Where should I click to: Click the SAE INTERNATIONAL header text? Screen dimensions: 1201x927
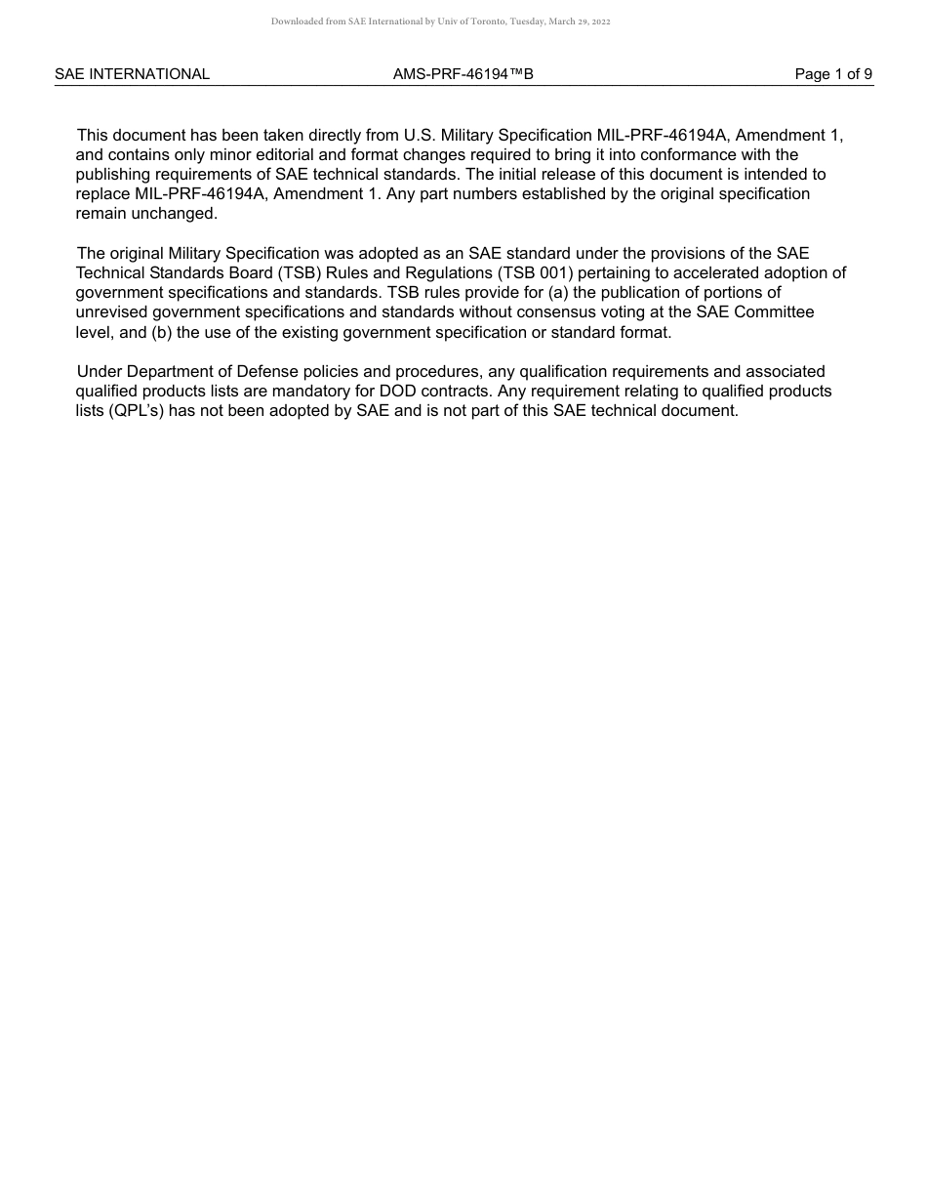tap(132, 74)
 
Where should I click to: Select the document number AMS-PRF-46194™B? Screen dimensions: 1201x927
tap(463, 74)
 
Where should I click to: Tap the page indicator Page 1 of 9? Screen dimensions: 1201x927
tap(833, 74)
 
